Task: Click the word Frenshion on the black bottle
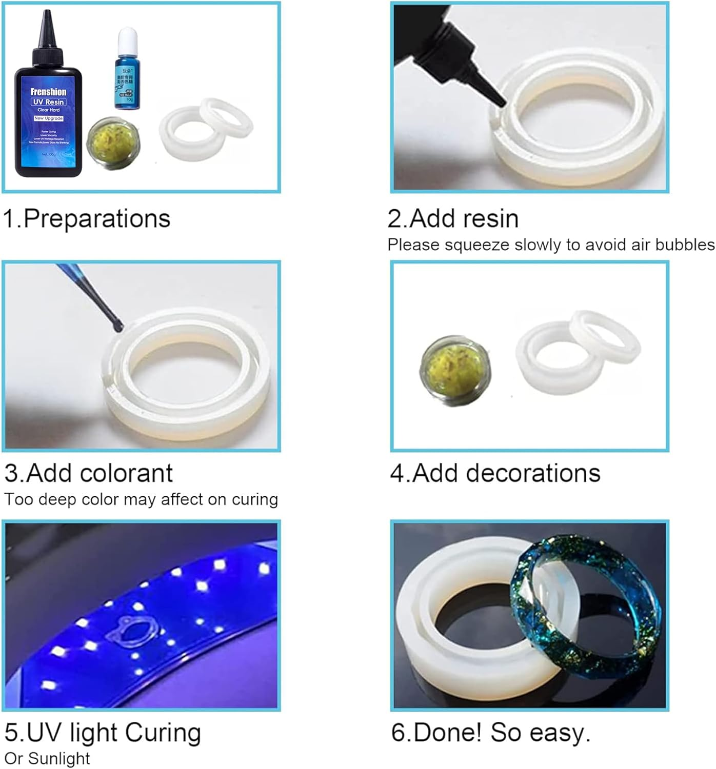49,92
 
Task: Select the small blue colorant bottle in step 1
127,72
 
